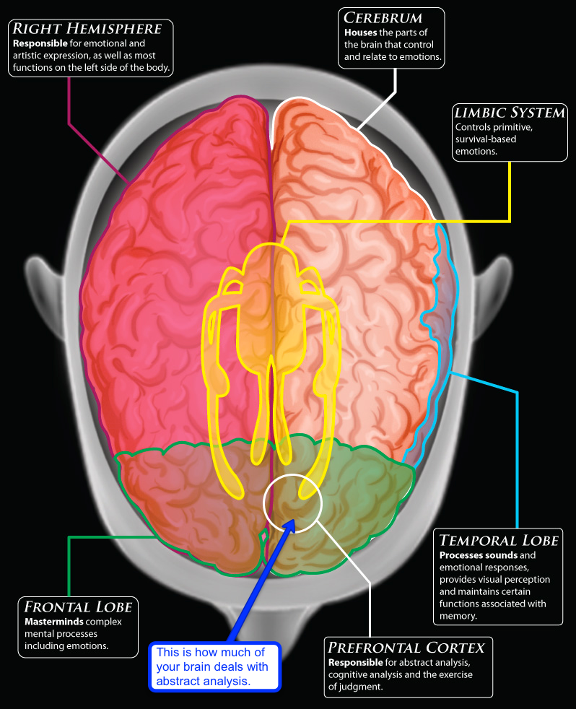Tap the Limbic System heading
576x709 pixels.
[509, 113]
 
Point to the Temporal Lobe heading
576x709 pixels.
[498, 540]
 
